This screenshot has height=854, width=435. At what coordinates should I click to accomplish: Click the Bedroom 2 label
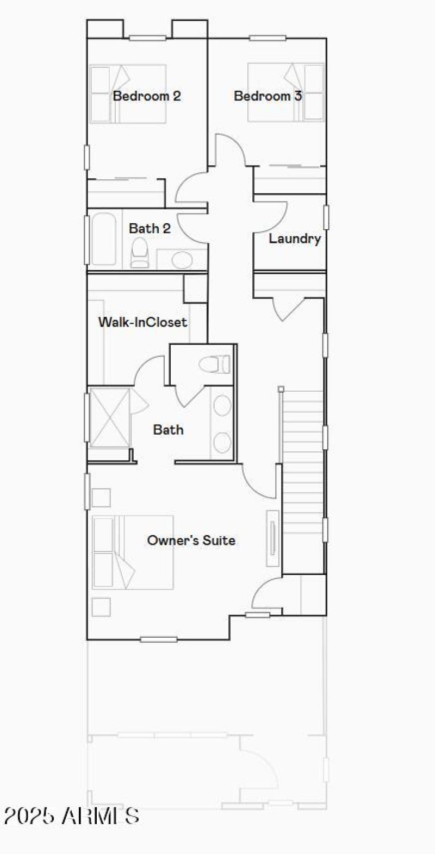pos(147,96)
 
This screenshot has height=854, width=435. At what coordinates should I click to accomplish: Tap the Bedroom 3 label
pos(268,96)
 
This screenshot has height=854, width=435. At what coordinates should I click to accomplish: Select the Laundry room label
pos(294,238)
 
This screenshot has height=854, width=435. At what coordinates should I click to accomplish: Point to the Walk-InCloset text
pos(142,322)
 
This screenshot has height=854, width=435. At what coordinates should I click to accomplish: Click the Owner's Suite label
pos(191,541)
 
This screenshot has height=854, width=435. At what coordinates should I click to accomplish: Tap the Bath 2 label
pos(150,229)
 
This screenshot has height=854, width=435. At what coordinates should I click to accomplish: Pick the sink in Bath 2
pos(182,260)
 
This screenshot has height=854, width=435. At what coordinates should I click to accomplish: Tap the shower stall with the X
pos(109,417)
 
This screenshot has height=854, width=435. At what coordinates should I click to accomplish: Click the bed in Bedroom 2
pos(128,94)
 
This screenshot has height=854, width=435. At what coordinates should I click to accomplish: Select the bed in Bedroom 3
pos(286,93)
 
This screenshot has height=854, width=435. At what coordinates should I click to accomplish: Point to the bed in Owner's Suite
pos(133,552)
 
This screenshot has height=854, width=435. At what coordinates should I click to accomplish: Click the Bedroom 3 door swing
pos(228,149)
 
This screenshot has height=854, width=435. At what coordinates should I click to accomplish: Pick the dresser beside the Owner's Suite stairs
pos(273,538)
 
